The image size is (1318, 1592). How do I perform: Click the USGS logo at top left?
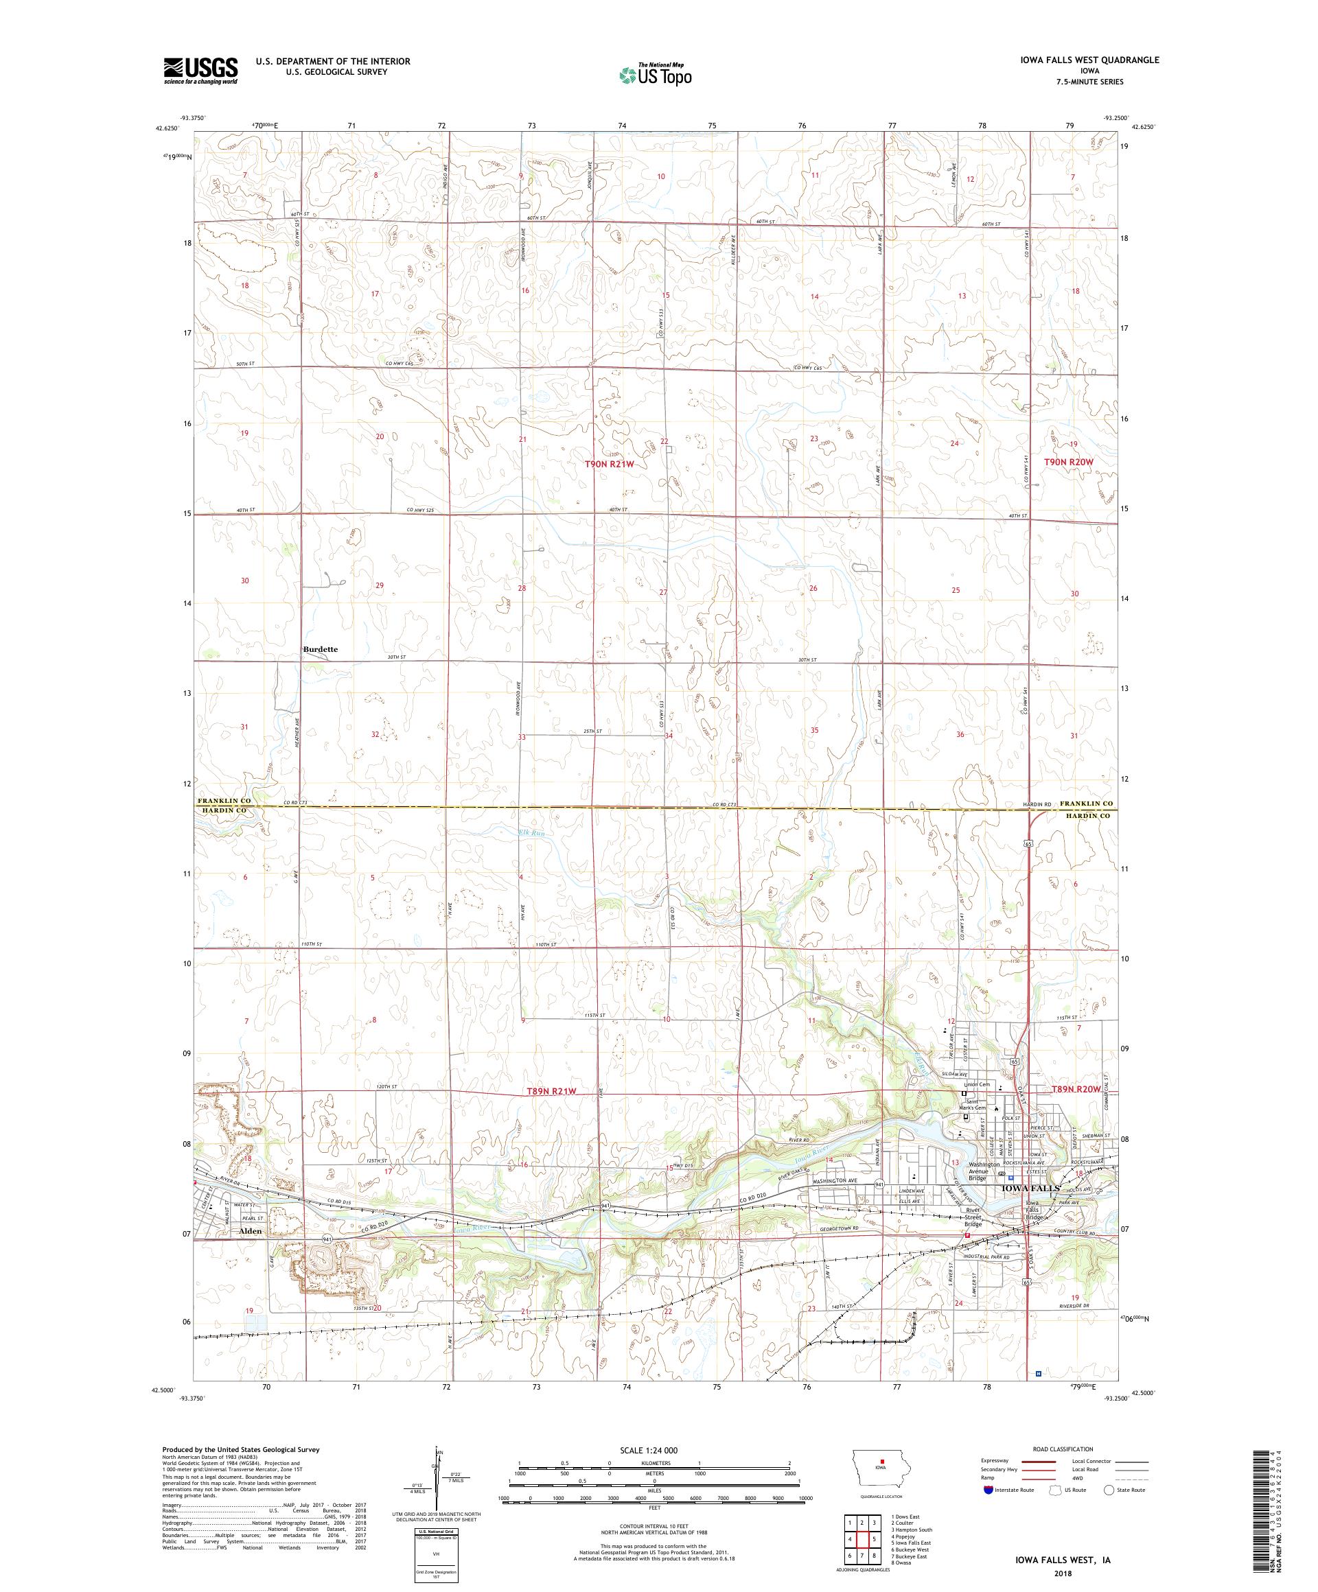(x=200, y=71)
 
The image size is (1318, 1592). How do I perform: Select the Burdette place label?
(x=320, y=649)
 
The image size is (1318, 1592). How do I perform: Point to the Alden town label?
(x=251, y=1231)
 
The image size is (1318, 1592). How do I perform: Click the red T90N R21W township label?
(x=608, y=463)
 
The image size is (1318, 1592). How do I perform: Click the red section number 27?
(x=663, y=592)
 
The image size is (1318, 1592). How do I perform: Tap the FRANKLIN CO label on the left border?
(x=224, y=801)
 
